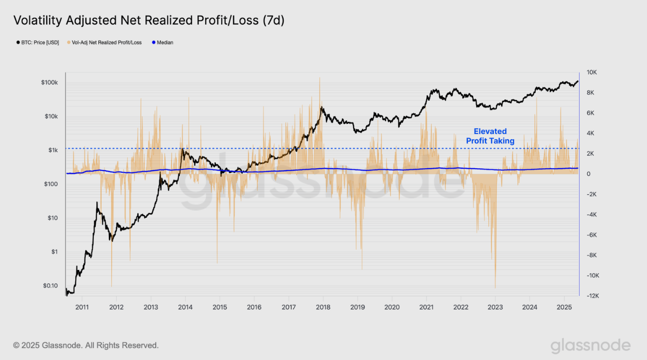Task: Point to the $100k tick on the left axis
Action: [x=50, y=82]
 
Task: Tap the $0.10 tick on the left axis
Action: [x=50, y=286]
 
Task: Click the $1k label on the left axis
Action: [x=53, y=150]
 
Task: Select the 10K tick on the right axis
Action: [x=592, y=72]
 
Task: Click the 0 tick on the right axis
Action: [x=588, y=174]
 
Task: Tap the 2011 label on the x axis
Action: [x=82, y=307]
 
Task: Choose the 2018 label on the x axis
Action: [x=323, y=307]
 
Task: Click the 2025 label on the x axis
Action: [x=564, y=307]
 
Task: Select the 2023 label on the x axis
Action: [x=495, y=307]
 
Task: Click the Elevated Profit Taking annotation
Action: [x=490, y=136]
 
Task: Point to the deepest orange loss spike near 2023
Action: [x=495, y=287]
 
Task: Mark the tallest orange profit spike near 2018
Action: [x=319, y=79]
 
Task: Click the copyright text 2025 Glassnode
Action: [x=86, y=345]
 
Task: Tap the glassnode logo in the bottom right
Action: [x=590, y=346]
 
